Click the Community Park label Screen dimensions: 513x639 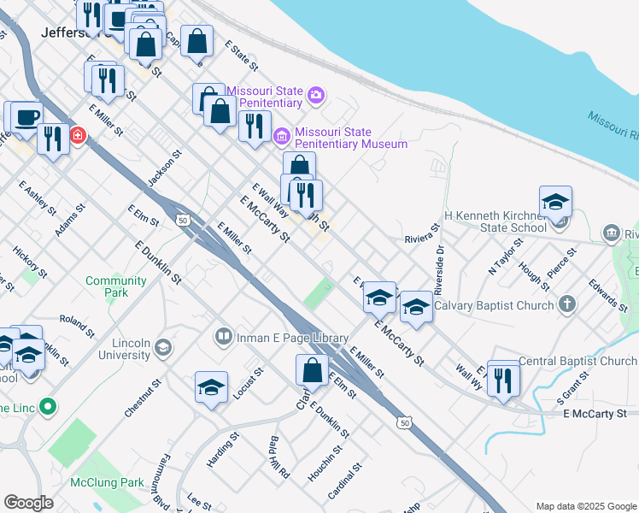pos(116,286)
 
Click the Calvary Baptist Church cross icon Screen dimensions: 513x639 pos(568,304)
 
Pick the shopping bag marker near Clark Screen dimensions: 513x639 pos(312,370)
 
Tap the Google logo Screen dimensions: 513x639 pos(28,503)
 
